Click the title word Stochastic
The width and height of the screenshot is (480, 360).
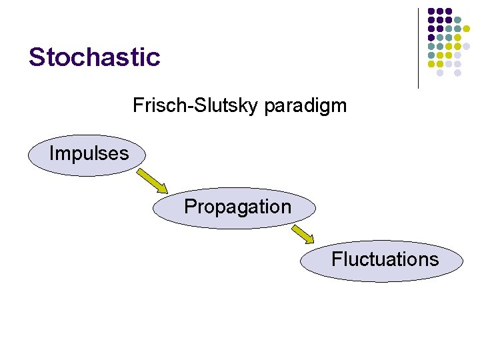tap(94, 57)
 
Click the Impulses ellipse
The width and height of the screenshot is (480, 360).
tap(88, 155)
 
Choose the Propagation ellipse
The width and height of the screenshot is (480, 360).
tap(235, 208)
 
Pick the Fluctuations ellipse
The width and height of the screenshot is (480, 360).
tap(381, 260)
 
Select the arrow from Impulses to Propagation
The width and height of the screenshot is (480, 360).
tap(152, 181)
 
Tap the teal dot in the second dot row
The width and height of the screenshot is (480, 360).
tap(457, 19)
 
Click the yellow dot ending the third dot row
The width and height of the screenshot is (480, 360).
tap(466, 29)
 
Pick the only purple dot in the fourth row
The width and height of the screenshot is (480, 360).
tap(431, 37)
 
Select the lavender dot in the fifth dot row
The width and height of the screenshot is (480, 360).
tap(466, 47)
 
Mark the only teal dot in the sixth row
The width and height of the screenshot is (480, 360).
tap(431, 55)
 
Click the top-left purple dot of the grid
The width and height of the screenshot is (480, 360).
tap(431, 11)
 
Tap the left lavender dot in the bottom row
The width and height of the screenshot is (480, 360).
tap(440, 73)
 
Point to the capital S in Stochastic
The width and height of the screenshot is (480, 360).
tap(36, 57)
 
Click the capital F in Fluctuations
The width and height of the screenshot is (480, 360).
tap(336, 259)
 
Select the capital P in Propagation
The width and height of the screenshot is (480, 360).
tap(189, 207)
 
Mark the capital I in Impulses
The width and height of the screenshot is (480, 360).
tap(51, 153)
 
